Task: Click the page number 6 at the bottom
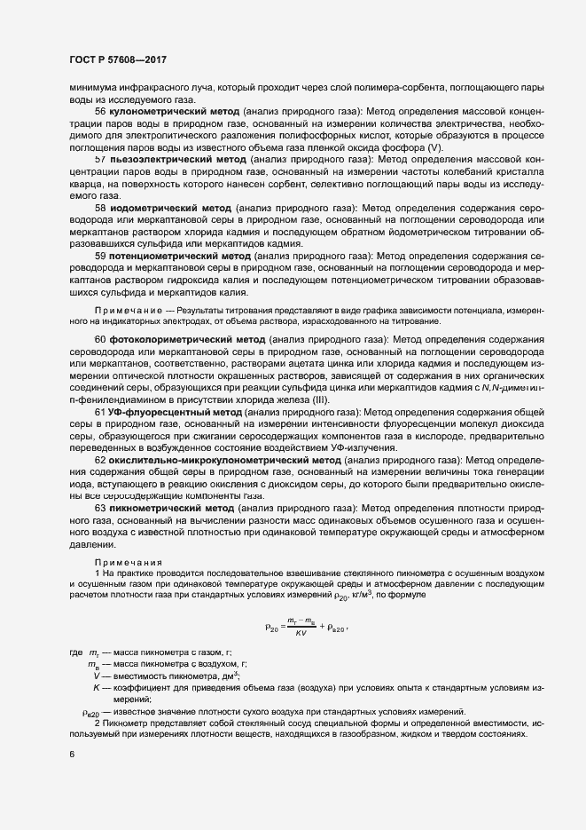tap(72, 755)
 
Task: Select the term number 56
tap(100, 112)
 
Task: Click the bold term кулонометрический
tap(151, 112)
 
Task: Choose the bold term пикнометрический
tap(156, 505)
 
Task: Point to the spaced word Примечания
tap(129, 562)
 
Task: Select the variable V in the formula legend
tap(95, 676)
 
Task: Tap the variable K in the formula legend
tap(95, 688)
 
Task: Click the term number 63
tap(100, 505)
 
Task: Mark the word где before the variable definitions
tap(75, 652)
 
